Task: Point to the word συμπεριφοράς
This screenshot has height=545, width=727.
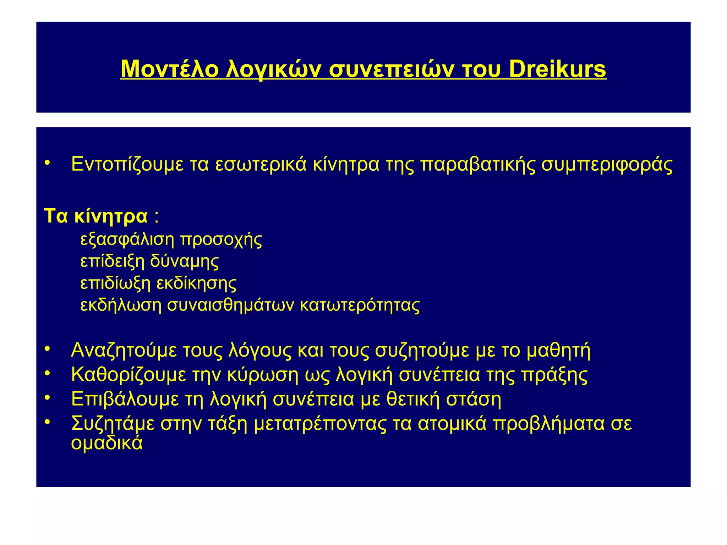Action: tap(607, 165)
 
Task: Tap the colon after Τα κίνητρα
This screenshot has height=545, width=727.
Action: tap(157, 217)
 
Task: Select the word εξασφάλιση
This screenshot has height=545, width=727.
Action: tap(127, 240)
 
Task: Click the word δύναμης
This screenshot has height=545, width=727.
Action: tap(184, 262)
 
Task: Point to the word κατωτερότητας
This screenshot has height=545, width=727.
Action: tap(360, 305)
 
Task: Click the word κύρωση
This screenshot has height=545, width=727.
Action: tap(263, 375)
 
